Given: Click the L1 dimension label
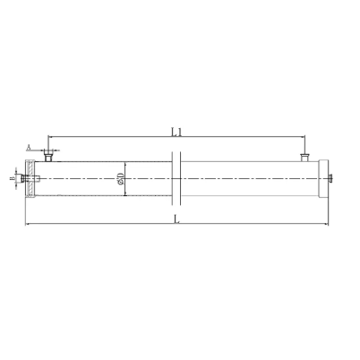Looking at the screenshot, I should [178, 131].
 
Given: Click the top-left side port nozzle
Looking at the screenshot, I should [49, 158].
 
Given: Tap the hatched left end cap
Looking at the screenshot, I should [30, 180].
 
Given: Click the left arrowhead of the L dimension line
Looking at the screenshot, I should [28, 224].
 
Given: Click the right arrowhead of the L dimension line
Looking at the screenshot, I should [330, 224].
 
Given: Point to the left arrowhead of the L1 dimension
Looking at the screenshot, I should [51, 137].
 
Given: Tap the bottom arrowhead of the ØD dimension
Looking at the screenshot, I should [126, 196].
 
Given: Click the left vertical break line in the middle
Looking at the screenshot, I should [172, 180].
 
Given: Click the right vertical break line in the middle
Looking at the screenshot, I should [183, 180].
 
